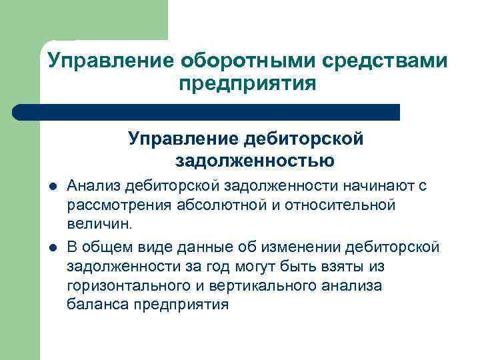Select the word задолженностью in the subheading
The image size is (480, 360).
point(255,160)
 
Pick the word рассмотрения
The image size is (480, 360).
point(119,204)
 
